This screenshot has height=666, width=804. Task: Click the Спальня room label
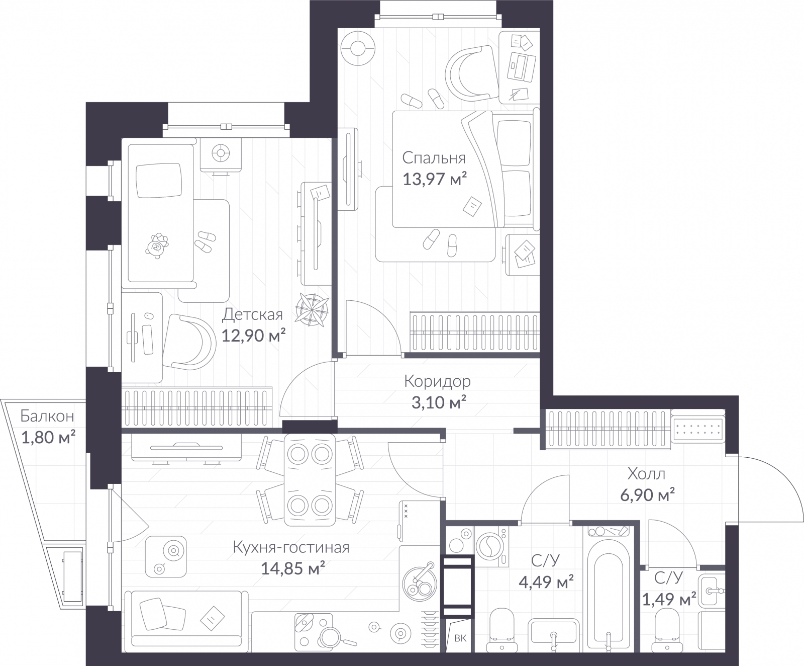[x=434, y=158]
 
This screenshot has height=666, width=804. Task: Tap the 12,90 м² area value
[x=254, y=335]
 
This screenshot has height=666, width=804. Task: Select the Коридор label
[x=437, y=381]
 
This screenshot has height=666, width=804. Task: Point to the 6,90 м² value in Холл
[x=646, y=495]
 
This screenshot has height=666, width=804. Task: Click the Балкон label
[x=47, y=416]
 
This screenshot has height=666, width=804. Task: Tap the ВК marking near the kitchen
[x=460, y=638]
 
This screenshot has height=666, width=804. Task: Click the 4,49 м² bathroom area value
[x=546, y=582]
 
